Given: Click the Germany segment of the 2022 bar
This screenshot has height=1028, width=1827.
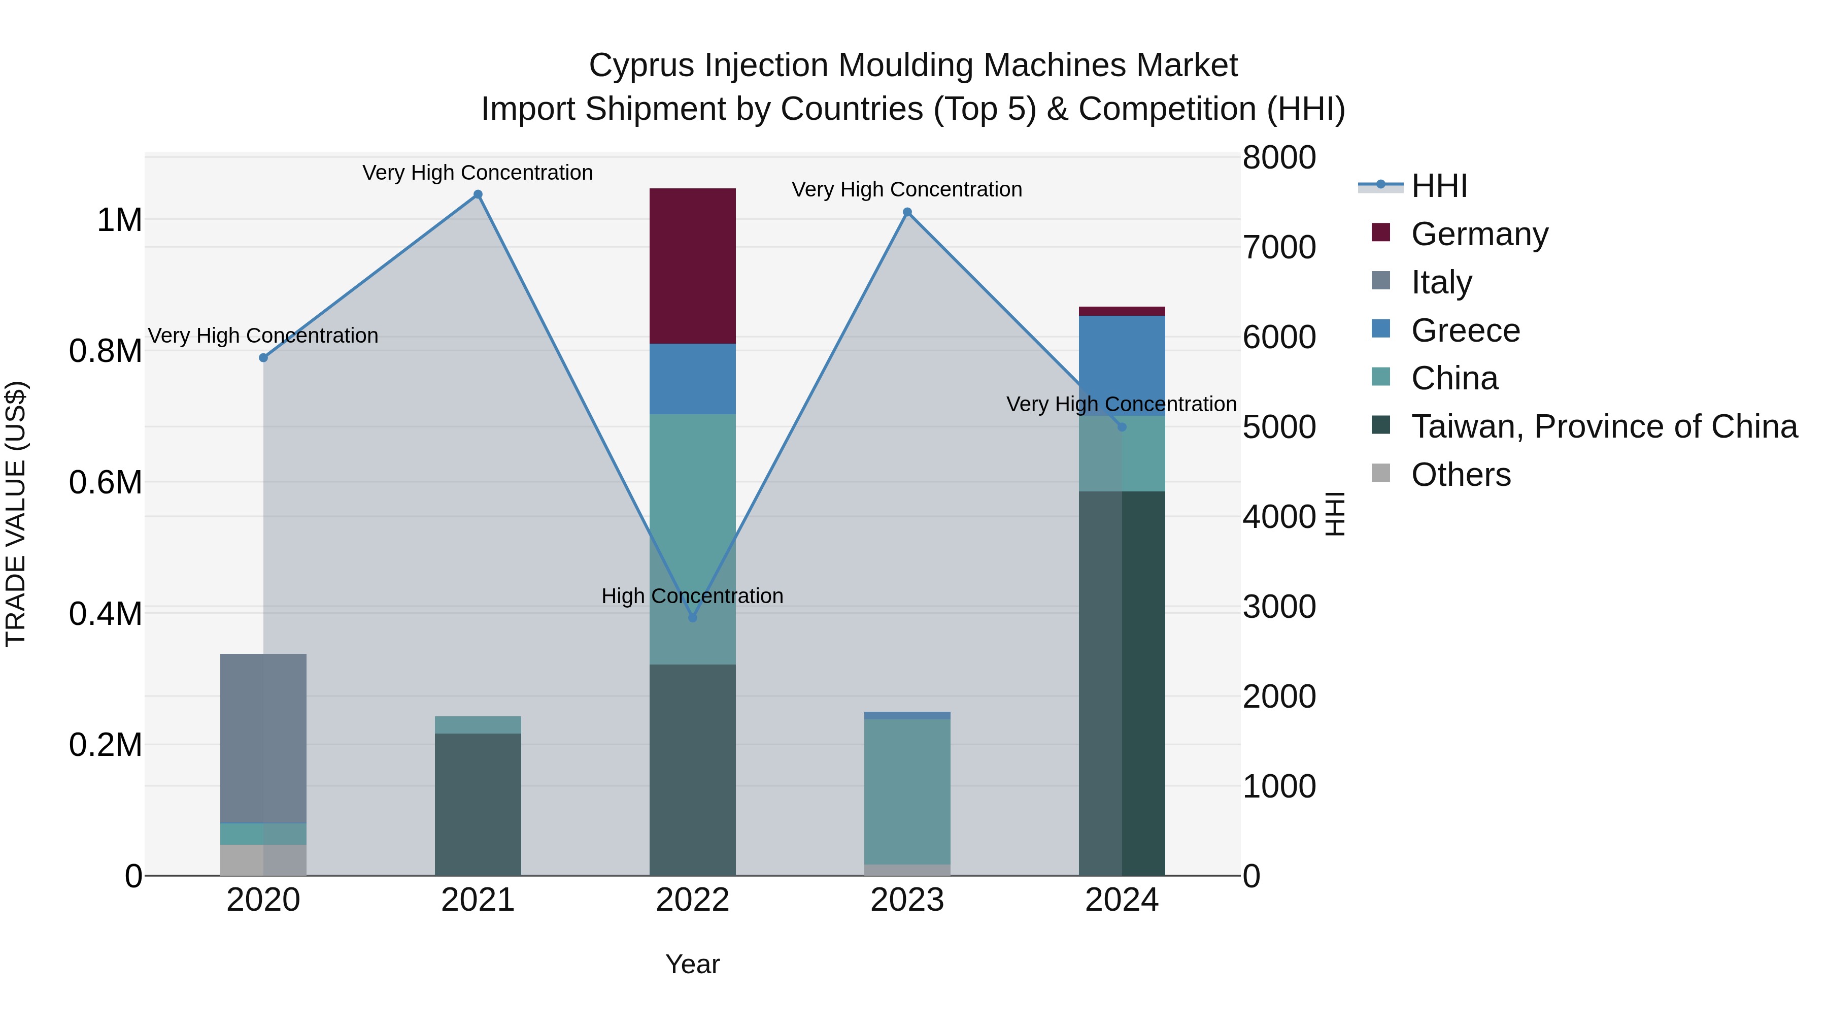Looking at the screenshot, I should click(692, 266).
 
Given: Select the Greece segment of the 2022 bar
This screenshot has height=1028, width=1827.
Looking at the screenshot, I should click(692, 379).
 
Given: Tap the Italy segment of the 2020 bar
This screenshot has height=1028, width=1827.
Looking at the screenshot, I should click(263, 738).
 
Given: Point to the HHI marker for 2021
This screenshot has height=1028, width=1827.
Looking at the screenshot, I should click(478, 194).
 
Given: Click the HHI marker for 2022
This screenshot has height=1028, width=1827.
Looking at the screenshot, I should click(693, 618).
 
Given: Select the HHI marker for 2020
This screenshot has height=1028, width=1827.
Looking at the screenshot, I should click(263, 357).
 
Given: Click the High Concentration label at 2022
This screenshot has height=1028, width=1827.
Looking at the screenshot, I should click(692, 596).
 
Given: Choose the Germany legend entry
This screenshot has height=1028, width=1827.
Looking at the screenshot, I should click(1479, 234).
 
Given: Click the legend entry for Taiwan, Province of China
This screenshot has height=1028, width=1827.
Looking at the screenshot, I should click(1604, 426).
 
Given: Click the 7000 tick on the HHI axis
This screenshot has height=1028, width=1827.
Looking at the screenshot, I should click(1279, 248).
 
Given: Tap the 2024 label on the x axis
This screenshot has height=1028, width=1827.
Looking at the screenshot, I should click(1121, 900).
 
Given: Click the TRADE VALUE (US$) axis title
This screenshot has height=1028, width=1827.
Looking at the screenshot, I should click(16, 514).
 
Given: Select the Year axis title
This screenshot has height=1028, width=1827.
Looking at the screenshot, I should click(692, 964).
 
